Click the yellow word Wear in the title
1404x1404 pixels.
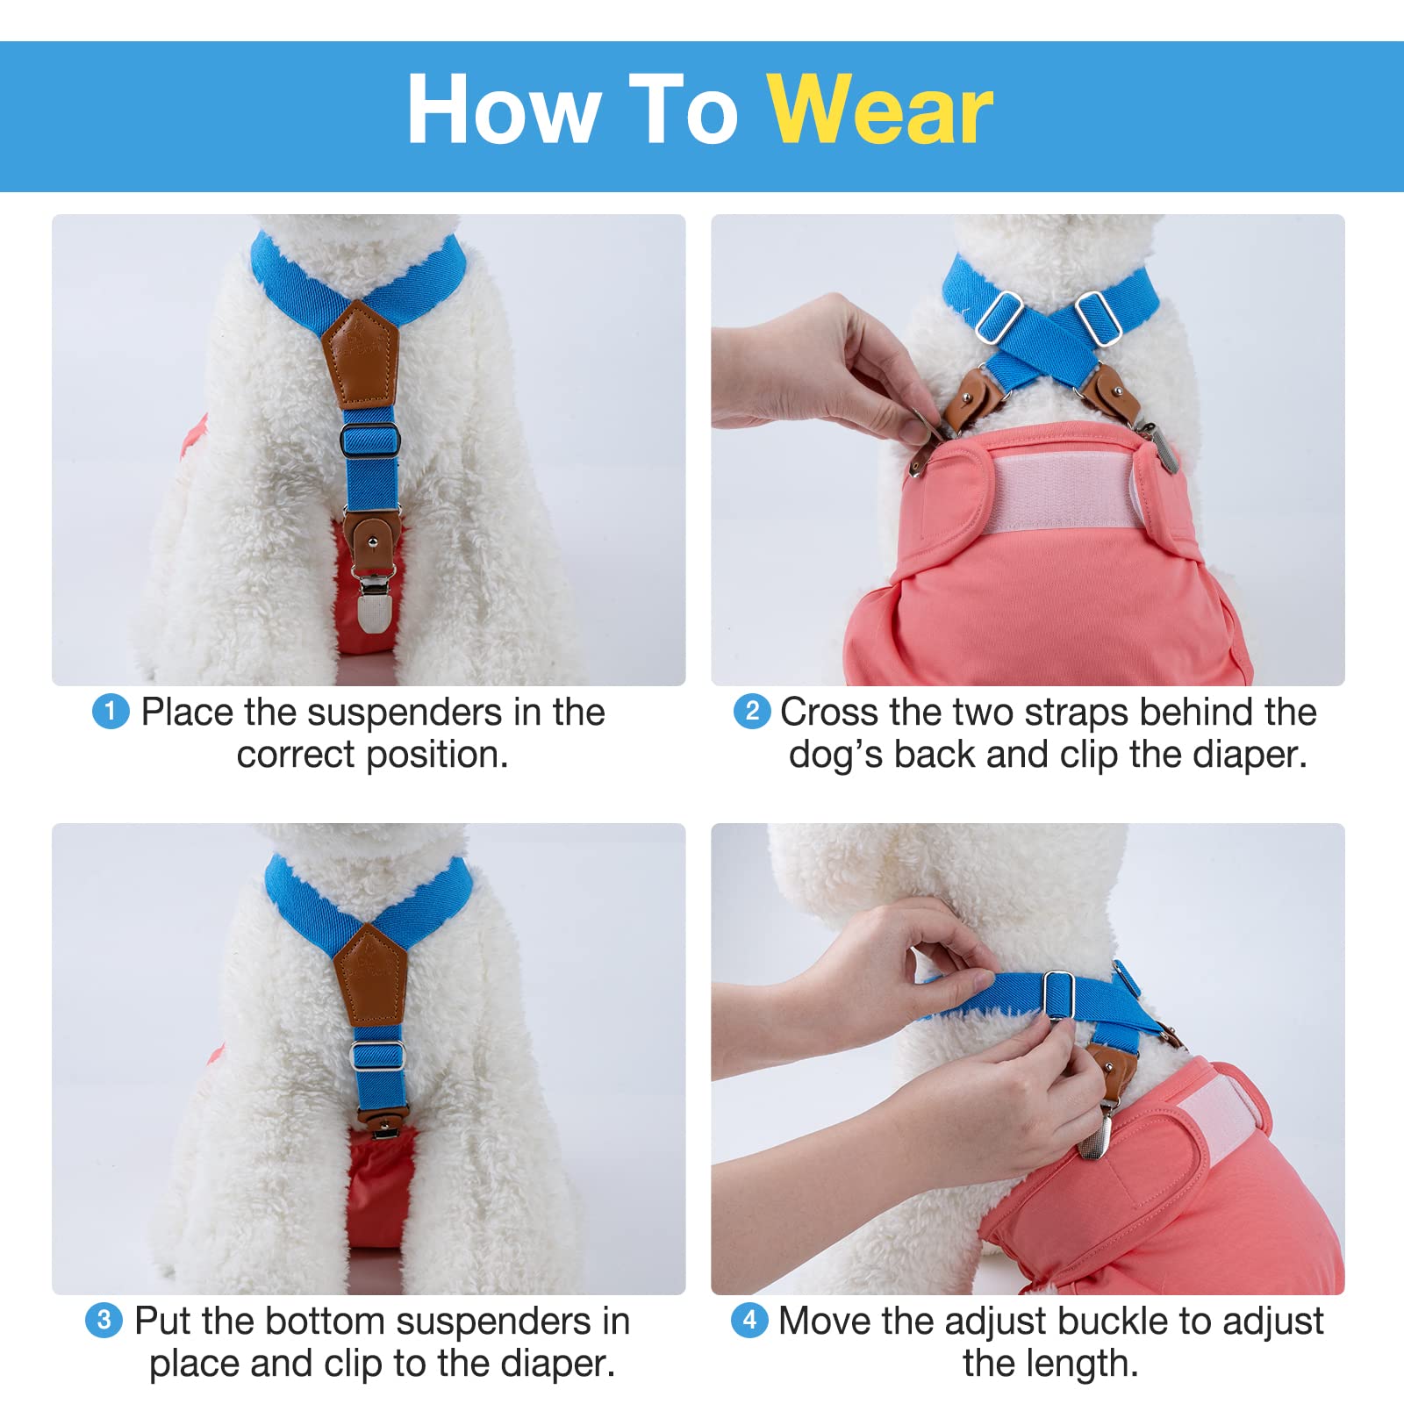tap(879, 111)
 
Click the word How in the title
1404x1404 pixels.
tap(504, 111)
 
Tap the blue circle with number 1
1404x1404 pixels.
tap(111, 711)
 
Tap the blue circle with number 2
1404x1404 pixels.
tap(752, 711)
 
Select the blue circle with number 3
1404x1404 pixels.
tap(104, 1320)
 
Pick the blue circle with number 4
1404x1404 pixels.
tap(749, 1320)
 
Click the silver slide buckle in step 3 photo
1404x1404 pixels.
tap(377, 1054)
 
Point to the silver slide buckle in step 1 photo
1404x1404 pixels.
tap(369, 440)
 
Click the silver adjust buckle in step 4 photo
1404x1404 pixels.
tap(1057, 995)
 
